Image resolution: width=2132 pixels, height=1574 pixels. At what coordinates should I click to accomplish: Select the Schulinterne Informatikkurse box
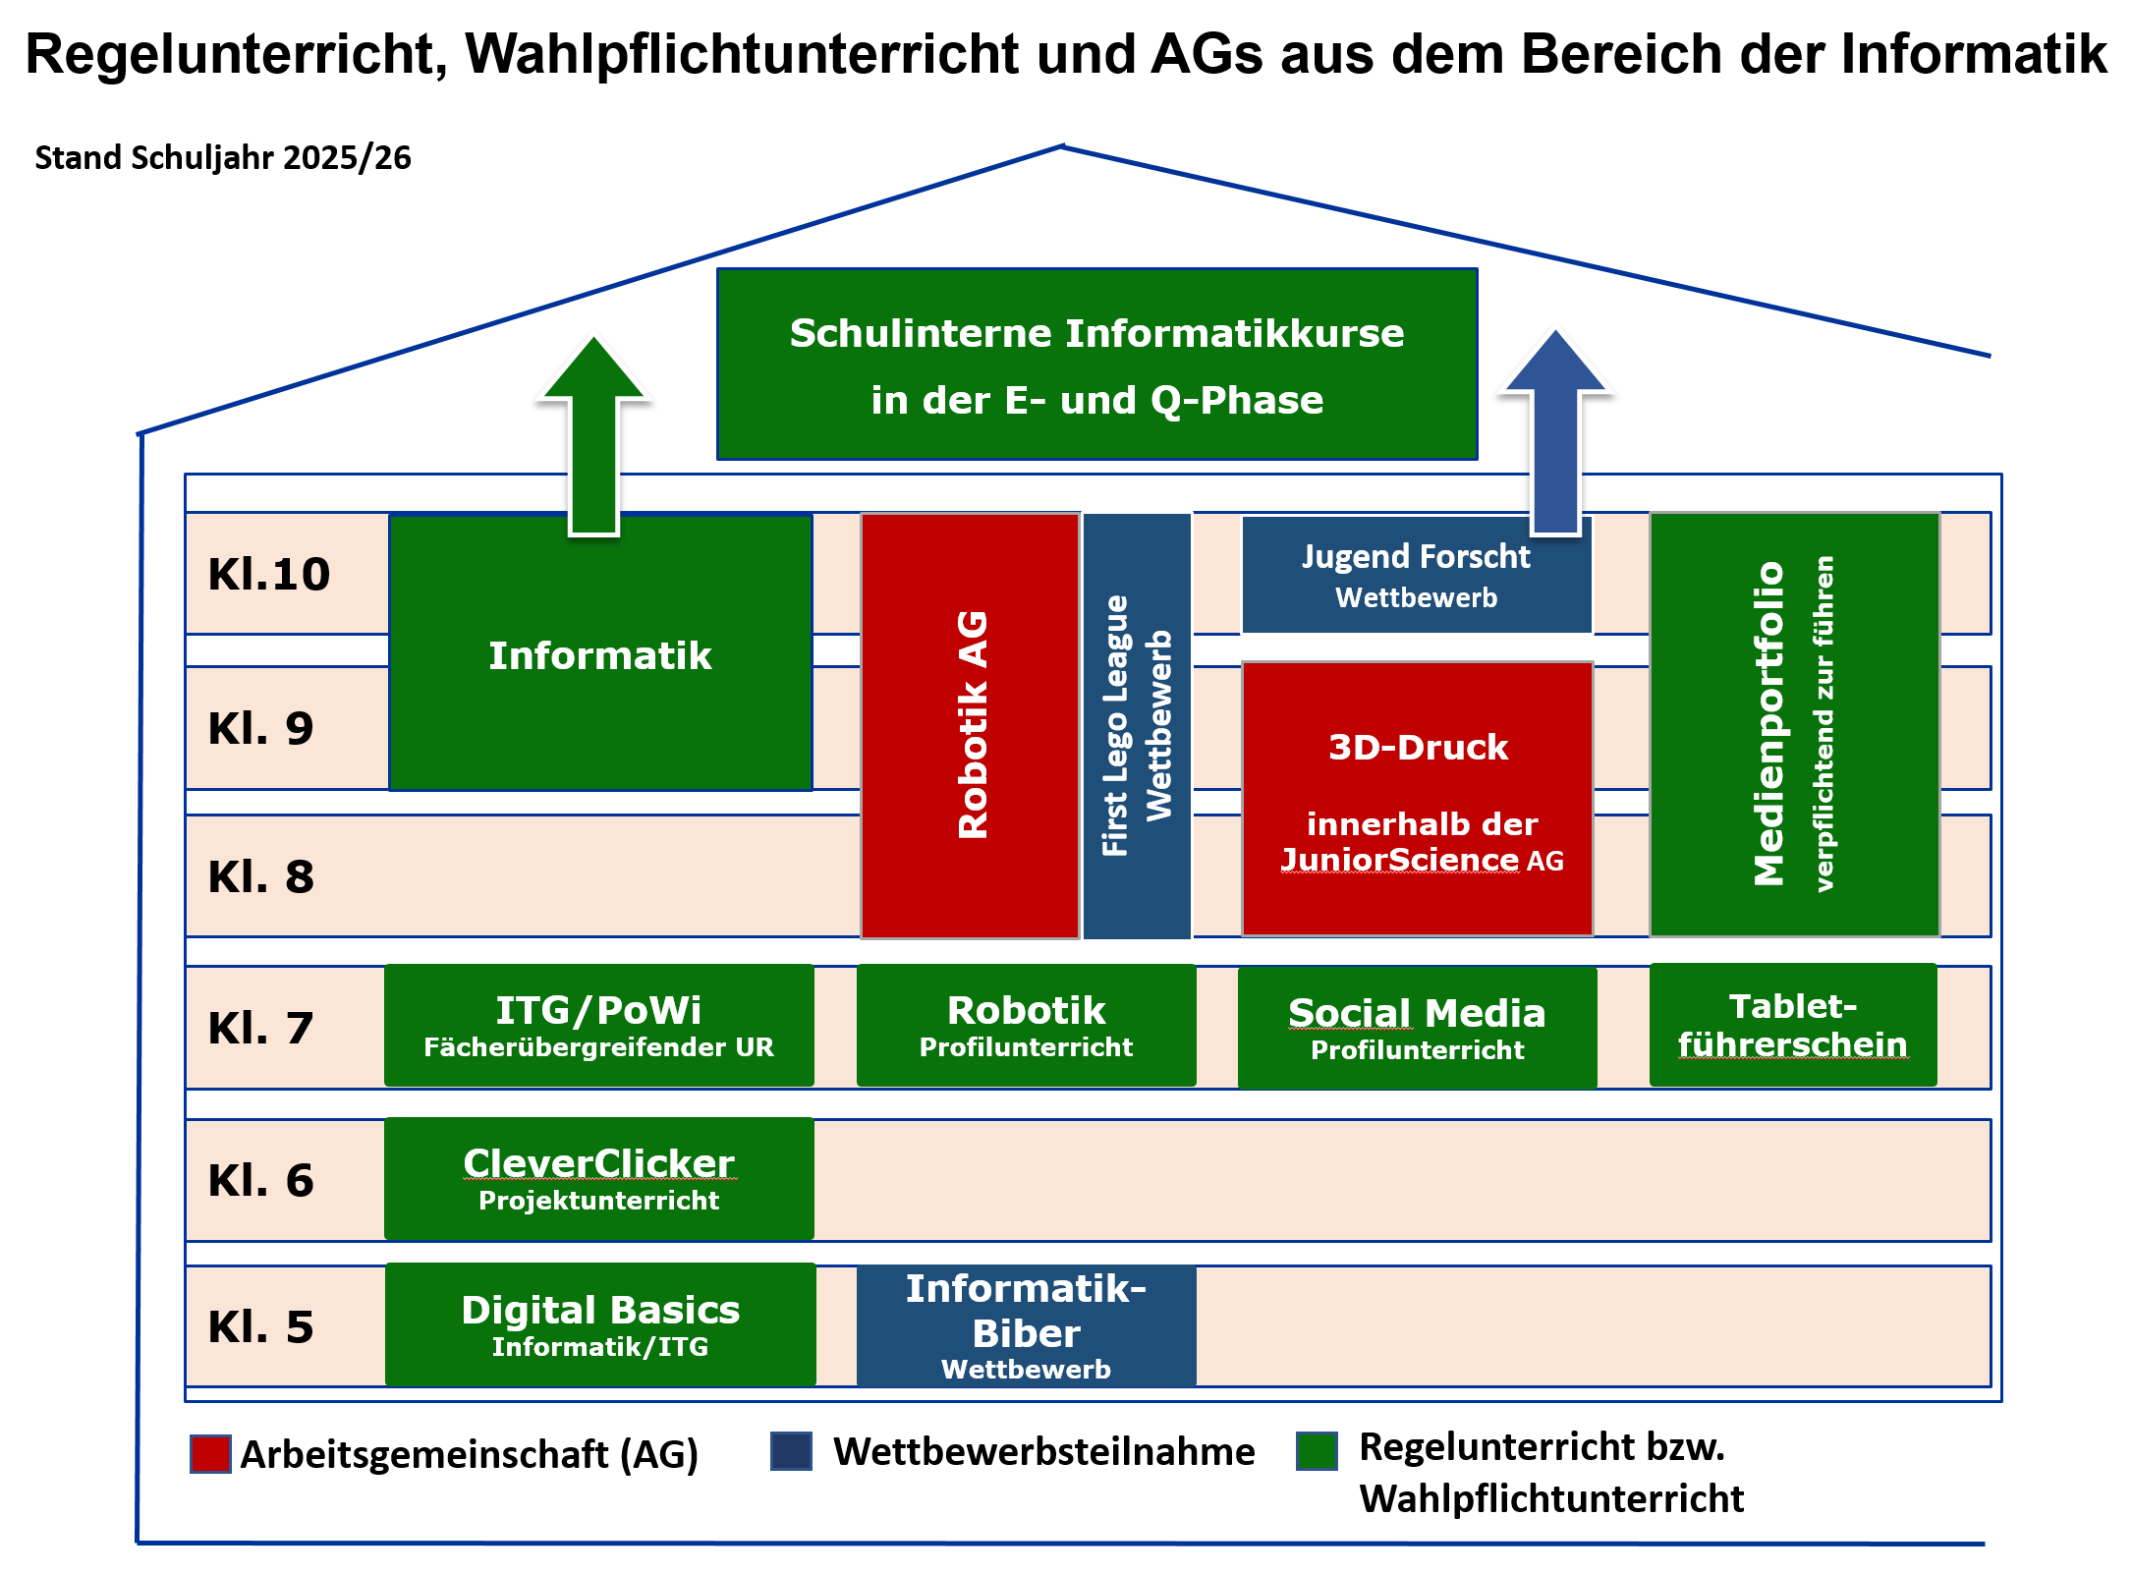[1096, 365]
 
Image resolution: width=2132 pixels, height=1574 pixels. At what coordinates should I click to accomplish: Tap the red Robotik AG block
[971, 725]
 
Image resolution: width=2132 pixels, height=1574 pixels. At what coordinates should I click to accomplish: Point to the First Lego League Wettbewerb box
[1137, 725]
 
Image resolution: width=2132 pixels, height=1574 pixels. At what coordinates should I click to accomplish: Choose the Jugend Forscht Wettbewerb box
[1416, 576]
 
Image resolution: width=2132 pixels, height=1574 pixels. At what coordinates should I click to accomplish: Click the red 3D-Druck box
[1417, 798]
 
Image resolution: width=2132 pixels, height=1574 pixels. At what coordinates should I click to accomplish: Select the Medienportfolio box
[1794, 724]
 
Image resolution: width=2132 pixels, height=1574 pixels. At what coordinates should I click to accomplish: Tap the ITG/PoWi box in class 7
[598, 1026]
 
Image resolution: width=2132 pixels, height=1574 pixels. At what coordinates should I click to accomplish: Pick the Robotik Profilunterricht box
[1026, 1026]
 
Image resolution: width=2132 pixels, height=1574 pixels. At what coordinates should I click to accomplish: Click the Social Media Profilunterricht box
[1417, 1028]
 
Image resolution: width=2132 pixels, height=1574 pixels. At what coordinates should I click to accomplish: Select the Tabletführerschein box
[1793, 1025]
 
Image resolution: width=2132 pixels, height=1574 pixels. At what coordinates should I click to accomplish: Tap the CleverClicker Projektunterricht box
[598, 1178]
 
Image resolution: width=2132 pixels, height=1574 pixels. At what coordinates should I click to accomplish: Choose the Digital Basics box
[600, 1324]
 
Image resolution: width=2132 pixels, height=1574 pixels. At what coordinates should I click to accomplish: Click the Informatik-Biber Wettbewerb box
[1026, 1326]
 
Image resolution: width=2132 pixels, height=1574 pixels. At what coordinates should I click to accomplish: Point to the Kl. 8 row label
[261, 876]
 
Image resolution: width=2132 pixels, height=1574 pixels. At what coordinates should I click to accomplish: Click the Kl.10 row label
[269, 574]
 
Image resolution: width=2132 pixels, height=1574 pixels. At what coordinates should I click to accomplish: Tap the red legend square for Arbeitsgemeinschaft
[210, 1454]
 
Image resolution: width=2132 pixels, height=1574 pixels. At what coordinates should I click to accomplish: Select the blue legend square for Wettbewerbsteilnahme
[791, 1451]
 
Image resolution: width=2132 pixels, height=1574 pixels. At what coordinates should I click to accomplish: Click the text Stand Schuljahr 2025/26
[223, 158]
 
